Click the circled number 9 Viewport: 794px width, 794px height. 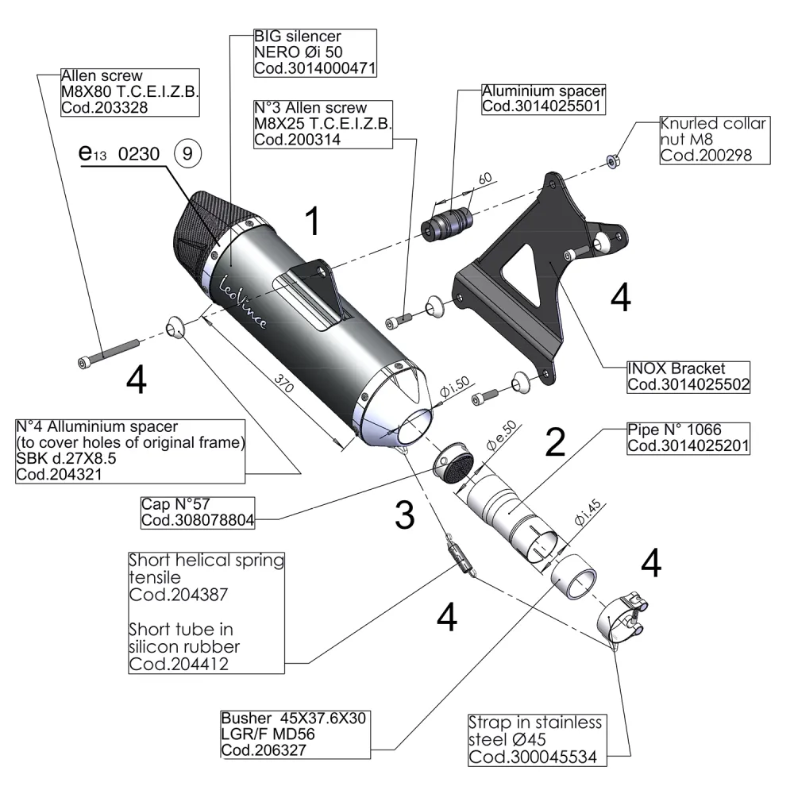[x=187, y=153]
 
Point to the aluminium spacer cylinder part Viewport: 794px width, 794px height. [x=445, y=221]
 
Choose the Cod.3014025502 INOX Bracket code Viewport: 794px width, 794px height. [x=688, y=384]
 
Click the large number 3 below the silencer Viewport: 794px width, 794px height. [x=405, y=517]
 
